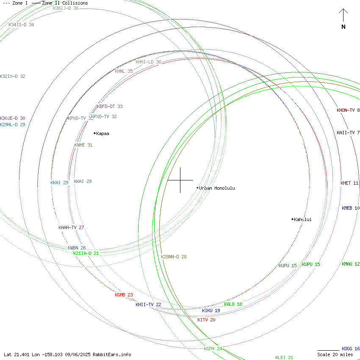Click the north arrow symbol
343,16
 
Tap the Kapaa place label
102,133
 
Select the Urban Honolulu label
216,188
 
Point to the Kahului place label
302,219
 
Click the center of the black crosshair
180,180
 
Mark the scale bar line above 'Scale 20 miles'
328,350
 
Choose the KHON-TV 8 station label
348,110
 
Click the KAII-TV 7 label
348,133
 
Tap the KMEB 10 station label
351,208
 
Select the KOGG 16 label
351,349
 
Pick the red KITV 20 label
206,320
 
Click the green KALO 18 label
233,304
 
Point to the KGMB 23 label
124,295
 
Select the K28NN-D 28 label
174,257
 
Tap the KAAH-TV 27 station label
71,227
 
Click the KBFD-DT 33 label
110,106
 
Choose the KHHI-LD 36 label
148,62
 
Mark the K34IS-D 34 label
21,25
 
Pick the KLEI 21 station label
284,357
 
